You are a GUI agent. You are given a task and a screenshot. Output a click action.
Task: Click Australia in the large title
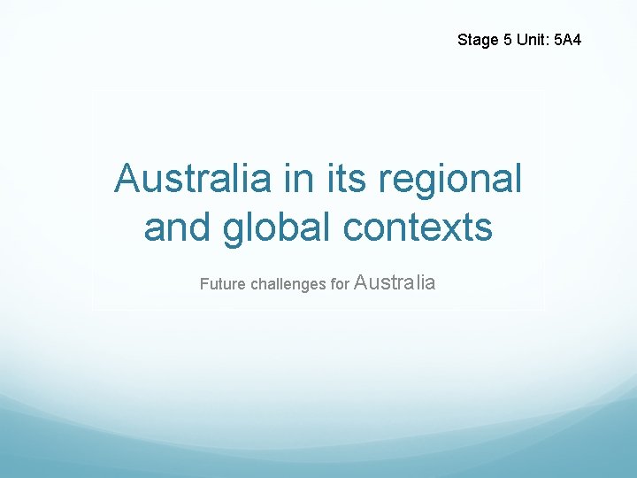coord(192,179)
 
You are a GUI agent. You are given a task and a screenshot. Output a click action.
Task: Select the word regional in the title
coord(451,181)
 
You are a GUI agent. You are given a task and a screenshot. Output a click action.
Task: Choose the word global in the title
coord(274,228)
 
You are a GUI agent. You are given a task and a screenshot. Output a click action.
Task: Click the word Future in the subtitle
coord(223,285)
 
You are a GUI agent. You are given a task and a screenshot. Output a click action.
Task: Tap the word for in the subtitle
coord(340,285)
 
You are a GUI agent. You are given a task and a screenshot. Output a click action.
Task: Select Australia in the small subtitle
coord(395,283)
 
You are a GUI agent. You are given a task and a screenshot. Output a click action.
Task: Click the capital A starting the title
coord(127,179)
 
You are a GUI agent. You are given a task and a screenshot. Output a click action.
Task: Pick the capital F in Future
coord(203,285)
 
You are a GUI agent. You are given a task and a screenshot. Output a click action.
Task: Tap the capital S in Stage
coord(463,40)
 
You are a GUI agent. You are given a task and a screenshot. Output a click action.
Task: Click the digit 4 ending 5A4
coord(577,40)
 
